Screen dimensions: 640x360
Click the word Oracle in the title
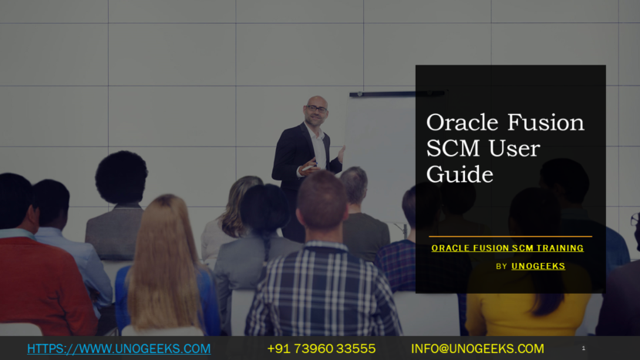coord(462,123)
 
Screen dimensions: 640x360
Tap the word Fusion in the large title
coord(546,123)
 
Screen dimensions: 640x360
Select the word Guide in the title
coord(460,174)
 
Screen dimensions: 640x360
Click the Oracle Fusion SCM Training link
coord(507,248)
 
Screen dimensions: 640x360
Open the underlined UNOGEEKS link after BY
coord(538,266)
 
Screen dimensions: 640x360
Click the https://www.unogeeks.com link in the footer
coord(119,348)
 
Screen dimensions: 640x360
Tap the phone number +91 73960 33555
coord(322,348)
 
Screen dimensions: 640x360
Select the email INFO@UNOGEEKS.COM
coord(477,348)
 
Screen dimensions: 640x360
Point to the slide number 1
coord(583,348)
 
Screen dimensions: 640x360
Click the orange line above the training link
coord(510,237)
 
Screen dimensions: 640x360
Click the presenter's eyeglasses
coord(316,109)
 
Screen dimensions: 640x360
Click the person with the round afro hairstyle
coord(120,204)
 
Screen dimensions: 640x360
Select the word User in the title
coord(514,149)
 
